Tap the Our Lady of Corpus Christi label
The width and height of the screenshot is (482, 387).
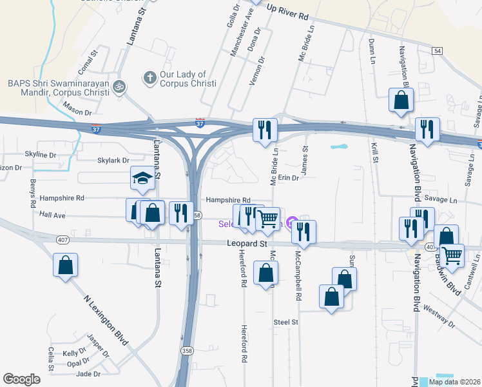pos(180,79)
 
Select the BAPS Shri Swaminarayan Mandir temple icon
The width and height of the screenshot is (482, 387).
pos(118,85)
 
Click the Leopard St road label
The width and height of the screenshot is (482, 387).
pos(246,244)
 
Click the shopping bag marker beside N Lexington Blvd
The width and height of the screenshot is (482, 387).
pos(66,264)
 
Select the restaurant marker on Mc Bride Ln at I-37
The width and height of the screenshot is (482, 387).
pos(265,130)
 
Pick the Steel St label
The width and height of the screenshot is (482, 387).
pos(286,321)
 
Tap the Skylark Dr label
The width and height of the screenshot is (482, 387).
pos(113,161)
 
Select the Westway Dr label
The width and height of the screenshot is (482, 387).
pos(440,316)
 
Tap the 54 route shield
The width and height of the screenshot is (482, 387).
pos(438,50)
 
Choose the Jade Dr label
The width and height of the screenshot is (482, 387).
pos(88,373)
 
